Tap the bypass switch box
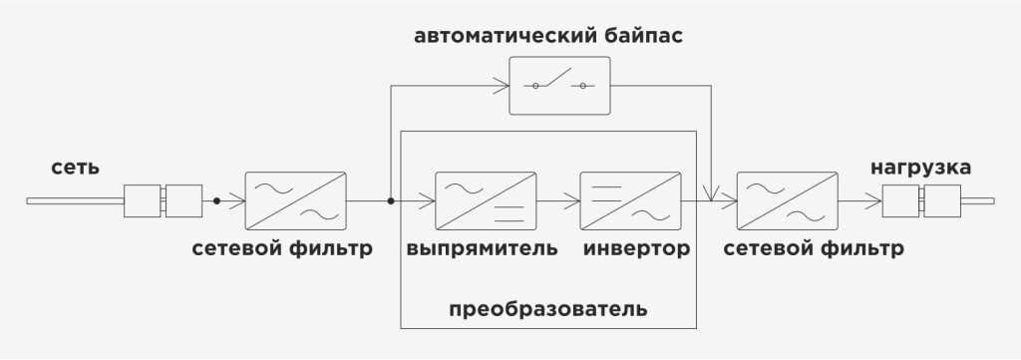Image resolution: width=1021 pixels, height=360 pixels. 559,86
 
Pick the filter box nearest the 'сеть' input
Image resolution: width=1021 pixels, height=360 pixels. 296,201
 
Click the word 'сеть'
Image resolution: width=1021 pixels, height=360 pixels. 76,167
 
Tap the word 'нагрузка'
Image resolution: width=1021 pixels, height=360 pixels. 921,167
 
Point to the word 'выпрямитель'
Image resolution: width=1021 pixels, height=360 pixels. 482,248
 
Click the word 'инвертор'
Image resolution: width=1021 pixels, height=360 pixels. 636,248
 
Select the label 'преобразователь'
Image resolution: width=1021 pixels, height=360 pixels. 548,309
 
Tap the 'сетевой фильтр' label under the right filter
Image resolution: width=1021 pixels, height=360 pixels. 816,248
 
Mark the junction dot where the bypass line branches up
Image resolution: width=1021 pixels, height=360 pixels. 391,201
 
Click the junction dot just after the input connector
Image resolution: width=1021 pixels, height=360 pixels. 216,201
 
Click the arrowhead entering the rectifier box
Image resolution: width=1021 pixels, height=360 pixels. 429,201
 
